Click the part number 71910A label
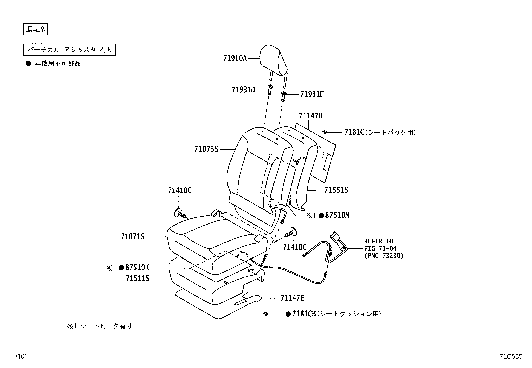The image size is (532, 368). [235, 58]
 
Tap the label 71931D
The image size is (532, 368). [243, 90]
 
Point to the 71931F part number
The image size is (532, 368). [312, 94]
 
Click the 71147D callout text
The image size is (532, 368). [311, 116]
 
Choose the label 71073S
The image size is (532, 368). [206, 149]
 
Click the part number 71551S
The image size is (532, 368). [336, 190]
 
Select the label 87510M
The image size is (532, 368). [337, 216]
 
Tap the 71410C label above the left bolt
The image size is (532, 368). [180, 191]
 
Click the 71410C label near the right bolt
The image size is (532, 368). [295, 247]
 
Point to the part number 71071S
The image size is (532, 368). [133, 237]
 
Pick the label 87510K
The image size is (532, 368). [137, 268]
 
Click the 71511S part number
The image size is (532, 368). [138, 278]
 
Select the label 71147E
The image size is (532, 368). [292, 298]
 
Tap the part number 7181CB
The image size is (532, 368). [304, 314]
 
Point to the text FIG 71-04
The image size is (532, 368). [380, 248]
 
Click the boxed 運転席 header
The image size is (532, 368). [36, 29]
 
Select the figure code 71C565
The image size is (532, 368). [511, 357]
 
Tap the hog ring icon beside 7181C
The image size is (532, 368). [324, 132]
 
